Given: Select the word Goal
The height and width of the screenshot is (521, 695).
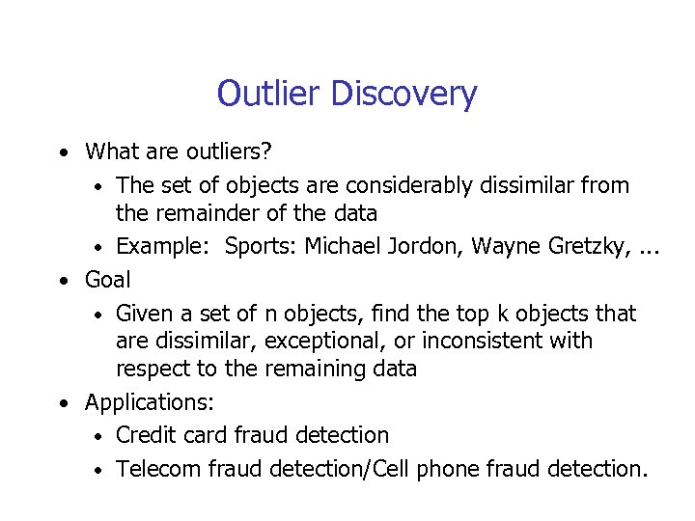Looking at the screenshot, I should pos(107,280).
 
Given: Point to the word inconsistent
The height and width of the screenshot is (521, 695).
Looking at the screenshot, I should pos(484,341).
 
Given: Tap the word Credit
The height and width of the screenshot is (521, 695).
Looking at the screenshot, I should pos(145,435).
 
